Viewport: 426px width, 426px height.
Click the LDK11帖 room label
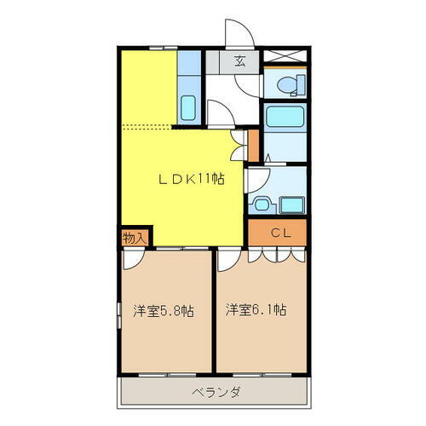tap(193, 180)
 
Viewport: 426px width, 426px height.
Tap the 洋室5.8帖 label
tap(162, 310)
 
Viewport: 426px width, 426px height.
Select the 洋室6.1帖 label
tap(256, 310)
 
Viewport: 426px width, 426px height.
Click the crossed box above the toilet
tap(285, 59)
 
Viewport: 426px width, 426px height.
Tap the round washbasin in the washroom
tap(262, 204)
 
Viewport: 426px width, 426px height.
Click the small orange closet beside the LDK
tap(251, 145)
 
